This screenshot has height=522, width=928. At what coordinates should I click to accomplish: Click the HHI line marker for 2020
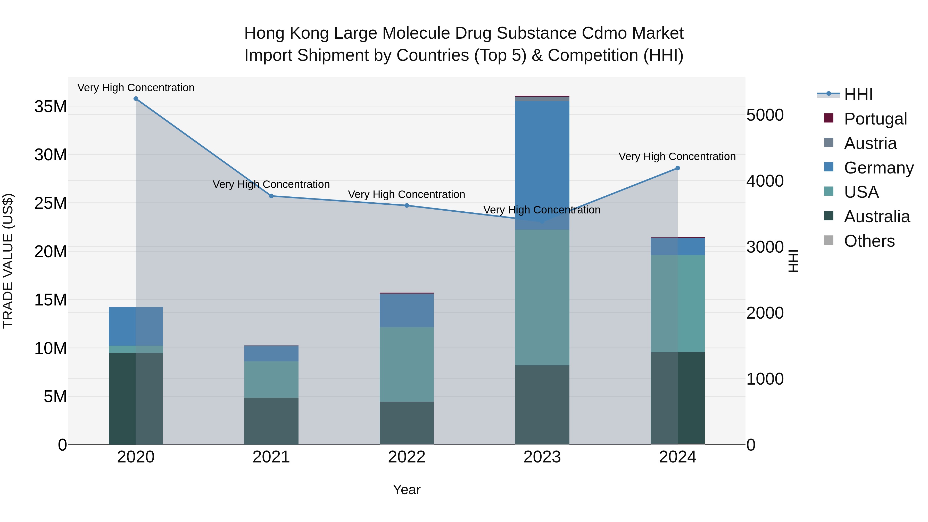(x=136, y=99)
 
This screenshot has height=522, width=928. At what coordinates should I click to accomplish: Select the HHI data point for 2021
(x=271, y=196)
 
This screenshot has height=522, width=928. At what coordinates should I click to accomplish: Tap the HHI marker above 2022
(x=407, y=206)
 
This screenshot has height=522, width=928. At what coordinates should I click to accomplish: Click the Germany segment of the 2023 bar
(x=542, y=162)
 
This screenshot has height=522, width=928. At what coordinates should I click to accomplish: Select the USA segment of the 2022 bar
(x=407, y=364)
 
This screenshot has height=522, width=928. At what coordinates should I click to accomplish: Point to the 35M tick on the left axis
(x=51, y=107)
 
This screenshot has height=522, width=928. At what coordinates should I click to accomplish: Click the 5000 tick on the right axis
(x=765, y=115)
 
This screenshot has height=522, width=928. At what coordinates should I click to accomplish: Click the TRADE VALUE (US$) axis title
(x=8, y=261)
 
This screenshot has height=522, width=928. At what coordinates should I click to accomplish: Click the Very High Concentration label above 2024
(x=677, y=157)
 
